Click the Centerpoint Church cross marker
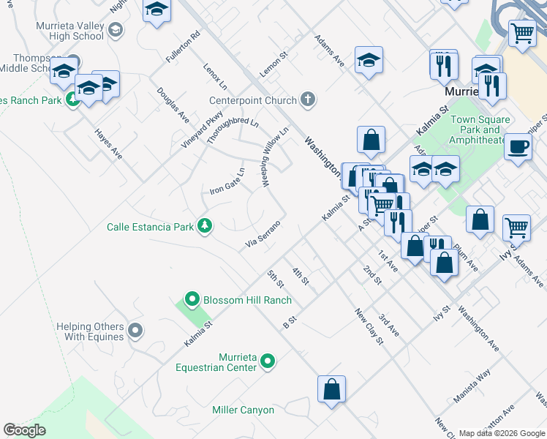308,100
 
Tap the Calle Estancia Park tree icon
205,227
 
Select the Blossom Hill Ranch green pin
192,299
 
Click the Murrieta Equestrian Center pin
268,360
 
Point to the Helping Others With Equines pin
135,331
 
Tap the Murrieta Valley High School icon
115,30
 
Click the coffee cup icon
518,146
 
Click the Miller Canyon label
243,410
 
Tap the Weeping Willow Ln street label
271,156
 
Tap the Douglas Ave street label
173,105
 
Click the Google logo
25,430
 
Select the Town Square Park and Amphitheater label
479,130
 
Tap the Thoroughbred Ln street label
232,130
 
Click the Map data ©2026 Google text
502,433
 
